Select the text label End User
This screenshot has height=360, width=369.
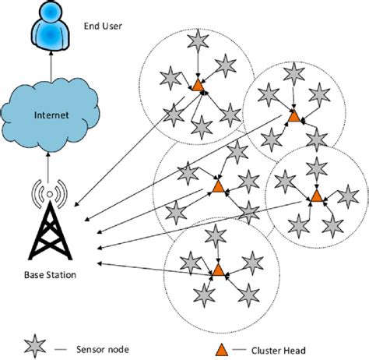(x=102, y=26)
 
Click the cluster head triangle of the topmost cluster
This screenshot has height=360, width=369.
(x=198, y=84)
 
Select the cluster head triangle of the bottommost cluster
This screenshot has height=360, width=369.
(x=218, y=270)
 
